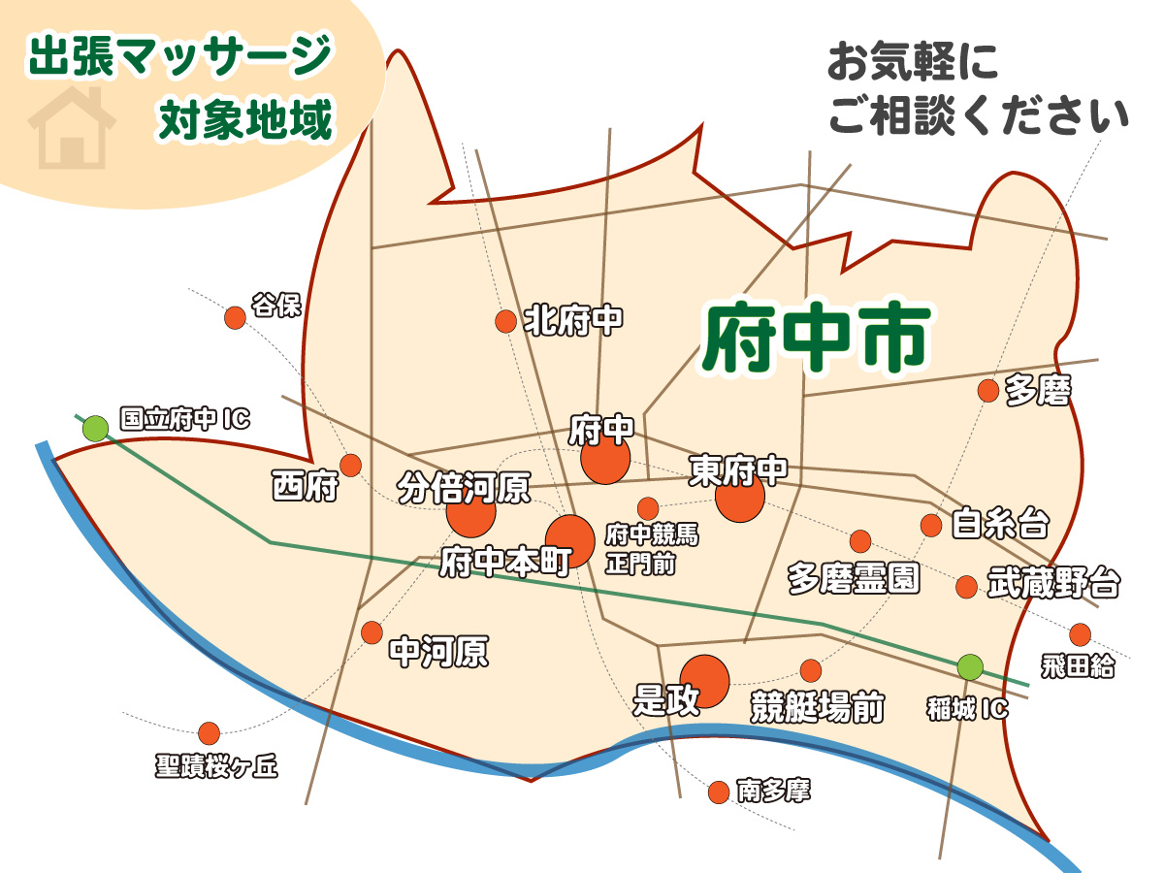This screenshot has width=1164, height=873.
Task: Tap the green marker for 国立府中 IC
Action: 95,428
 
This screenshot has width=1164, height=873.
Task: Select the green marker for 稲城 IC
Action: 969,667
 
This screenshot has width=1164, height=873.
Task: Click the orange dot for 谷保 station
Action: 235,317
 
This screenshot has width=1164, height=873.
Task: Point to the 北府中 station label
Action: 573,320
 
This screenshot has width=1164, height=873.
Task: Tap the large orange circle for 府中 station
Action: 605,458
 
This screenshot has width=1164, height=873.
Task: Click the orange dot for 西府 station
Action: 350,466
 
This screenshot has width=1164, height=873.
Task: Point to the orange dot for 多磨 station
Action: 988,391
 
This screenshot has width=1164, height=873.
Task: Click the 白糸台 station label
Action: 999,524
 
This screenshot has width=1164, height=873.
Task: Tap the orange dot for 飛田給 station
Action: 1080,634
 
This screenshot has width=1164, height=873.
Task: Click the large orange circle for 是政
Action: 704,681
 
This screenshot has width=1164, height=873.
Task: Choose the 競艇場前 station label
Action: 818,708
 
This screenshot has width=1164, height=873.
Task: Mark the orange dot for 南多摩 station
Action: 719,792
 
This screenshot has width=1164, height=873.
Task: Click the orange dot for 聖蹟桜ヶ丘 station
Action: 209,733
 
